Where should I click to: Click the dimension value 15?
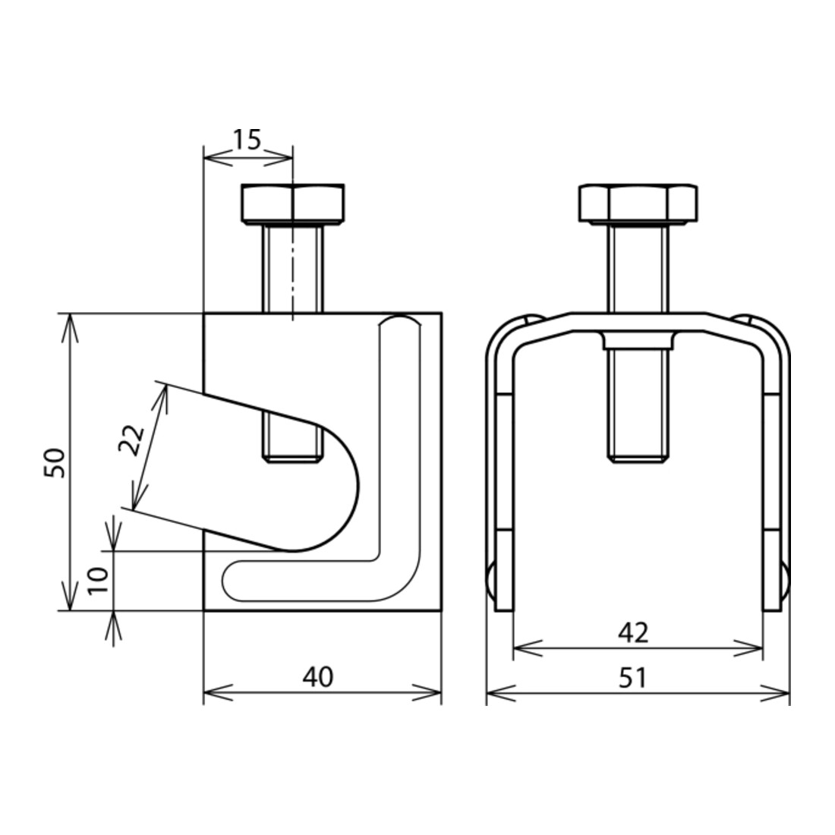pyautogui.click(x=247, y=140)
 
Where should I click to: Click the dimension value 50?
pyautogui.click(x=55, y=463)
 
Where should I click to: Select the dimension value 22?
pyautogui.click(x=131, y=440)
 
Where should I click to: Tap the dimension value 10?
pyautogui.click(x=99, y=581)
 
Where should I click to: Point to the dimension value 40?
pyautogui.click(x=318, y=676)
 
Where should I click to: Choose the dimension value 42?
pyautogui.click(x=633, y=632)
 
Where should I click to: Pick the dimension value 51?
pyautogui.click(x=632, y=678)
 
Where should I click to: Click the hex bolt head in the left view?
pyautogui.click(x=292, y=203)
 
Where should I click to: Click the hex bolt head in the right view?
pyautogui.click(x=638, y=203)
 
